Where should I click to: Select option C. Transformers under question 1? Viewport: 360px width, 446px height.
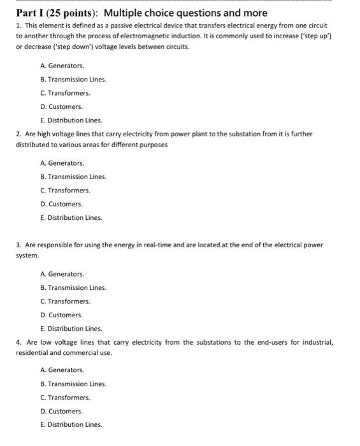(x=65, y=93)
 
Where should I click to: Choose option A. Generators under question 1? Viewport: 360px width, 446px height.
(x=62, y=66)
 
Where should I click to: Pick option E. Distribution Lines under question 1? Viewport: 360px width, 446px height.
(x=71, y=120)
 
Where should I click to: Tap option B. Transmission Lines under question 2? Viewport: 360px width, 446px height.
(x=73, y=176)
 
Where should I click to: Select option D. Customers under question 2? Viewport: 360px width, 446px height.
(x=61, y=204)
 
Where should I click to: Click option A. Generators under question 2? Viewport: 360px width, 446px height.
(x=62, y=163)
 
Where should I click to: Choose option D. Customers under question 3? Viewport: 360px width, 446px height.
(x=61, y=315)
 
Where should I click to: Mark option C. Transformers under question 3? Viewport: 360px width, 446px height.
(x=65, y=301)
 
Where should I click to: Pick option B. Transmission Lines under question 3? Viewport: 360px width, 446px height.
(x=73, y=287)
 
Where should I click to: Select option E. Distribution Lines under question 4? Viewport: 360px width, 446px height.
(x=71, y=424)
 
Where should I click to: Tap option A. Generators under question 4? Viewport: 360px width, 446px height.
(x=62, y=370)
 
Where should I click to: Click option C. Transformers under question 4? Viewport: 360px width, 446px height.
(x=65, y=398)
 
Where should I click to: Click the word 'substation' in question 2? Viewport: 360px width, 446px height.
(x=238, y=134)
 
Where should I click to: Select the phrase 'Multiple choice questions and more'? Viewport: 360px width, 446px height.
(x=185, y=13)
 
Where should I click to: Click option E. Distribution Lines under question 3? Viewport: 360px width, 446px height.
(x=71, y=329)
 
